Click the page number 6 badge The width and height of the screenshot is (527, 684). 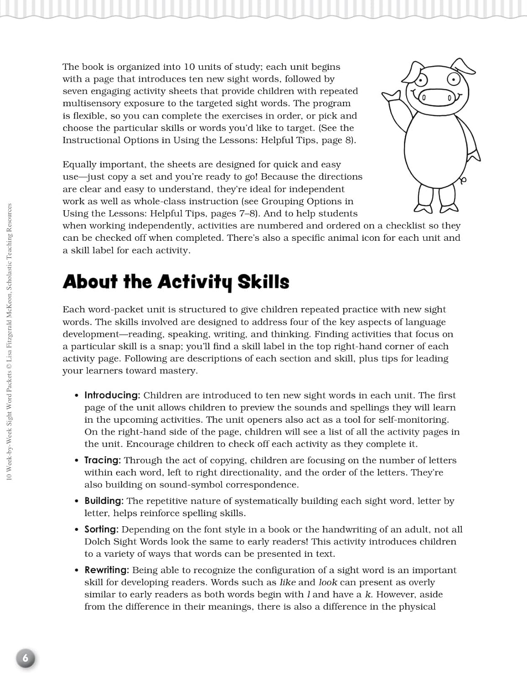pyautogui.click(x=26, y=658)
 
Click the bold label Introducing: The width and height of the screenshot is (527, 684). pyautogui.click(x=112, y=395)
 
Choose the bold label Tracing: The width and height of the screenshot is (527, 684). pyautogui.click(x=103, y=461)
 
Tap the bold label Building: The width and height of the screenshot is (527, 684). pyautogui.click(x=104, y=501)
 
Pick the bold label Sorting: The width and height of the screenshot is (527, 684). pyautogui.click(x=101, y=529)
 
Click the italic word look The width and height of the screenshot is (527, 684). pyautogui.click(x=328, y=582)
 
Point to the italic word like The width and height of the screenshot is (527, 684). pyautogui.click(x=287, y=582)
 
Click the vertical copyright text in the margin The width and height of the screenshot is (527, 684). pyautogui.click(x=9, y=342)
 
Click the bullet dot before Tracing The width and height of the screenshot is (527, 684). pyautogui.click(x=77, y=461)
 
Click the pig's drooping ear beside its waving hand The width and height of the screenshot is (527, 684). pyautogui.click(x=416, y=71)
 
